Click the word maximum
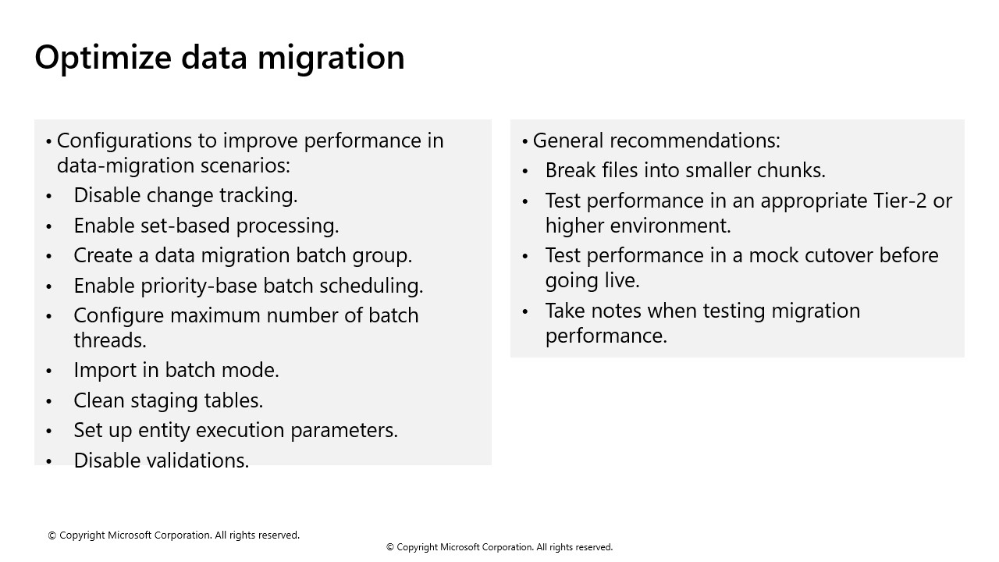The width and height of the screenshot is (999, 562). tap(215, 315)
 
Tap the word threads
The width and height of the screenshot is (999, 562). tap(109, 340)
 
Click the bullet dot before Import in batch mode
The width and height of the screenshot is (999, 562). tap(50, 371)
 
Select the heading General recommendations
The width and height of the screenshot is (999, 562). tap(656, 140)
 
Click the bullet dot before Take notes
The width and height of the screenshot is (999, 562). tap(526, 311)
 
